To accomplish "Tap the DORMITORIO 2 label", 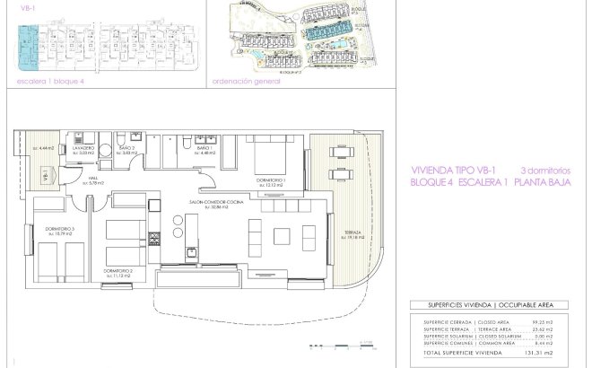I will point(118,270).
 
